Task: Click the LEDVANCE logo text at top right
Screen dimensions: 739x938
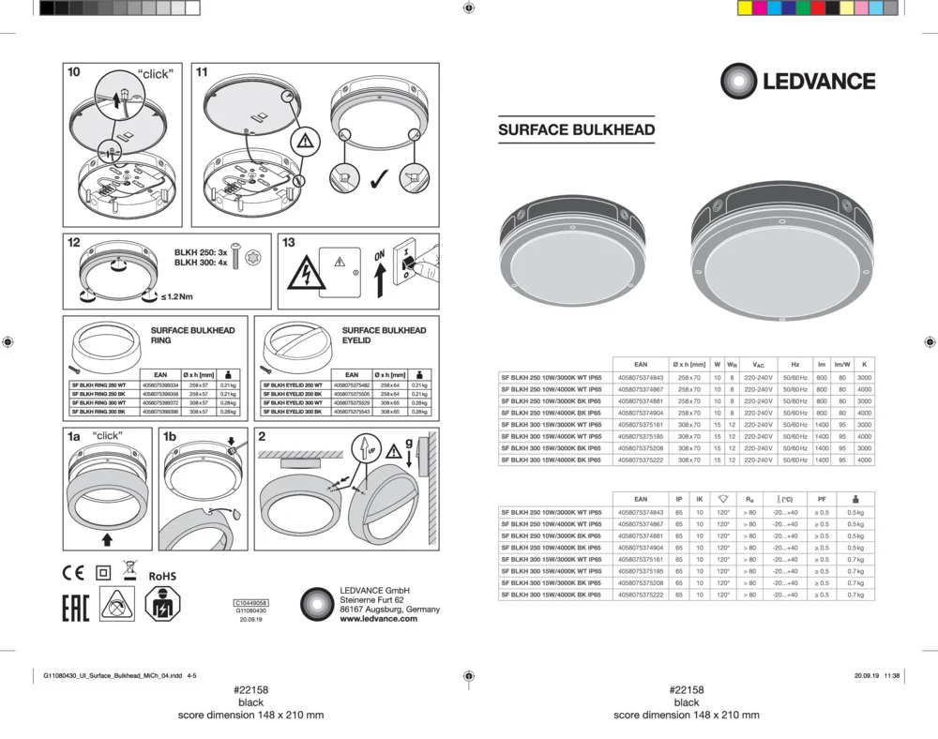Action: click(818, 82)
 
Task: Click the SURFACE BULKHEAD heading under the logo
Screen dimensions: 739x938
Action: click(576, 130)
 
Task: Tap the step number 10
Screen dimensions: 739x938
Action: click(74, 72)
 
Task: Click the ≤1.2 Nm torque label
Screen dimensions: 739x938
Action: click(176, 297)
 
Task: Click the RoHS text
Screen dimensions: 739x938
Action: click(162, 575)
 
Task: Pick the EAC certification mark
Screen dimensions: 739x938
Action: click(75, 607)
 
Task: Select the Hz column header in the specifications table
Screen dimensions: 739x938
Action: click(794, 364)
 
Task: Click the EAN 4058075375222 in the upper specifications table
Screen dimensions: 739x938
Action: click(641, 460)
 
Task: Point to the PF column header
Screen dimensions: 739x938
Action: click(822, 500)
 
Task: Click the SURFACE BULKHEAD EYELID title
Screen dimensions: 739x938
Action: click(384, 335)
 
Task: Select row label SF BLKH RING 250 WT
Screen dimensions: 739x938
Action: click(98, 385)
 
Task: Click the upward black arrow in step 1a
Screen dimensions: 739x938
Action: click(108, 538)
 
